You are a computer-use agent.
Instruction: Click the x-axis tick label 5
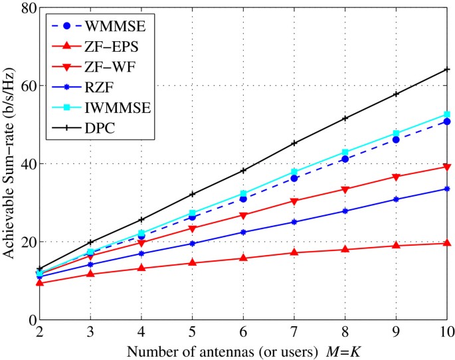(192, 331)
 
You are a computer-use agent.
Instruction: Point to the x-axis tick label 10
(446, 331)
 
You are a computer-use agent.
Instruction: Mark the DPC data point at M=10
(447, 70)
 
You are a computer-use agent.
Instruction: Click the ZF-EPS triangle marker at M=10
(447, 244)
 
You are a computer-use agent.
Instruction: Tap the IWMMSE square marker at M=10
(447, 114)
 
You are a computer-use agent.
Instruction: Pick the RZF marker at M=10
(447, 189)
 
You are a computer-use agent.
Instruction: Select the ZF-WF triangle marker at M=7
(294, 201)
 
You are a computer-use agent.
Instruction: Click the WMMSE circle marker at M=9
(396, 139)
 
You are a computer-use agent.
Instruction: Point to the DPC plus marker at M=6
(243, 171)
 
